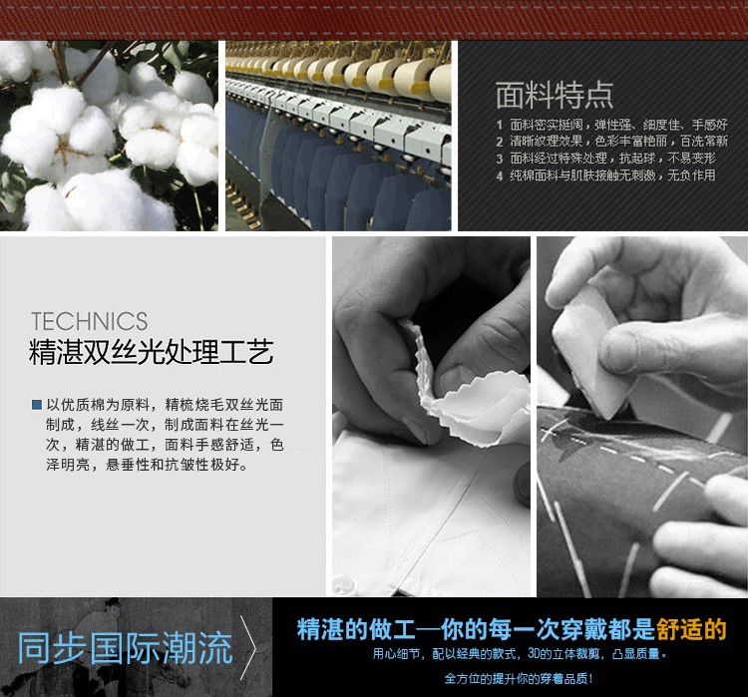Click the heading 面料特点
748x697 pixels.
coord(555,94)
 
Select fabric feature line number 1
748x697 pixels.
coord(611,125)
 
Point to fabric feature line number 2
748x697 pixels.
coord(611,142)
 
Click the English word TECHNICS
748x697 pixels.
coord(89,321)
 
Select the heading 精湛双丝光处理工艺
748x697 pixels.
coord(152,353)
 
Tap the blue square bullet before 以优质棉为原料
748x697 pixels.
coord(37,405)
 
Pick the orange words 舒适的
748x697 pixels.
coord(691,629)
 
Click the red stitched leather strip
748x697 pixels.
coord(374,18)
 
